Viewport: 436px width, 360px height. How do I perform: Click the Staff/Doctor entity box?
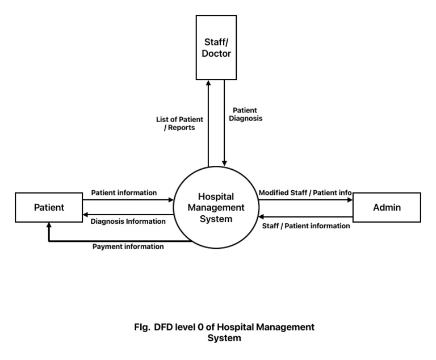pyautogui.click(x=216, y=48)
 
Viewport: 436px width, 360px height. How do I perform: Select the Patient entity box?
pyautogui.click(x=49, y=207)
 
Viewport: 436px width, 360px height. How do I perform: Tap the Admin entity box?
pyautogui.click(x=387, y=207)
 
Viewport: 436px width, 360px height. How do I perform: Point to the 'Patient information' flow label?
pyautogui.click(x=124, y=192)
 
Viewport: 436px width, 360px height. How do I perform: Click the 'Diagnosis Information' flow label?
pyautogui.click(x=128, y=221)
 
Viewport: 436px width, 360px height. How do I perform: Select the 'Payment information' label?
pyautogui.click(x=128, y=246)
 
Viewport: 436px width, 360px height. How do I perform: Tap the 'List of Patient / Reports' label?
pyautogui.click(x=180, y=123)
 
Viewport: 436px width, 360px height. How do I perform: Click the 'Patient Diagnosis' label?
pyautogui.click(x=245, y=114)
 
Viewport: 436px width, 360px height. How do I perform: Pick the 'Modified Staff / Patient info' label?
pyautogui.click(x=305, y=192)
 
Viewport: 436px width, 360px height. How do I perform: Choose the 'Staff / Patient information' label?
pyautogui.click(x=306, y=225)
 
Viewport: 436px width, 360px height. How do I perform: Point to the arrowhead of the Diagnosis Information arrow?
pyautogui.click(x=85, y=215)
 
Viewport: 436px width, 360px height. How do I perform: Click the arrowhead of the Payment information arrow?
pyautogui.click(x=49, y=225)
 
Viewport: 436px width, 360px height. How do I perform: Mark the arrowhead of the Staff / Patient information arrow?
pyautogui.click(x=261, y=216)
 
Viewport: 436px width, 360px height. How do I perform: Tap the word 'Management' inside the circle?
pyautogui.click(x=216, y=208)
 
